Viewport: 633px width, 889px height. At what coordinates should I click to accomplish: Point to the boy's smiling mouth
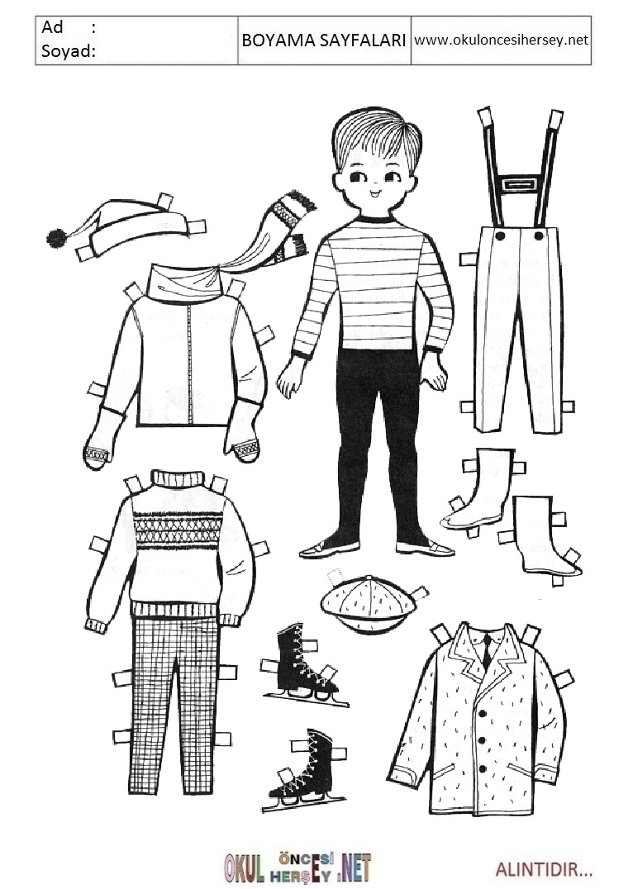pos(374,196)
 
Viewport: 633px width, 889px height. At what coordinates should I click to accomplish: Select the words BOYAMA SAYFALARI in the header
pos(323,40)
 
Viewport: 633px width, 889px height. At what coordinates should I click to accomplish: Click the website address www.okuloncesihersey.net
pos(502,40)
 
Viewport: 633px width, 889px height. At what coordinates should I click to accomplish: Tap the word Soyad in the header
pos(66,51)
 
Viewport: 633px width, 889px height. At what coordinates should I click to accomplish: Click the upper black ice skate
pos(301,663)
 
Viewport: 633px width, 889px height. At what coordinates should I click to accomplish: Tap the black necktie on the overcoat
pos(488,652)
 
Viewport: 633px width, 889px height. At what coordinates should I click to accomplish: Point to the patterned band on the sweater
pos(176,530)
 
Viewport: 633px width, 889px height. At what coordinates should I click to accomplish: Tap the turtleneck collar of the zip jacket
pos(184,283)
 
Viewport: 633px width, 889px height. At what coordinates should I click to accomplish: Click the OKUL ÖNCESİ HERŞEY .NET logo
pos(297,867)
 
